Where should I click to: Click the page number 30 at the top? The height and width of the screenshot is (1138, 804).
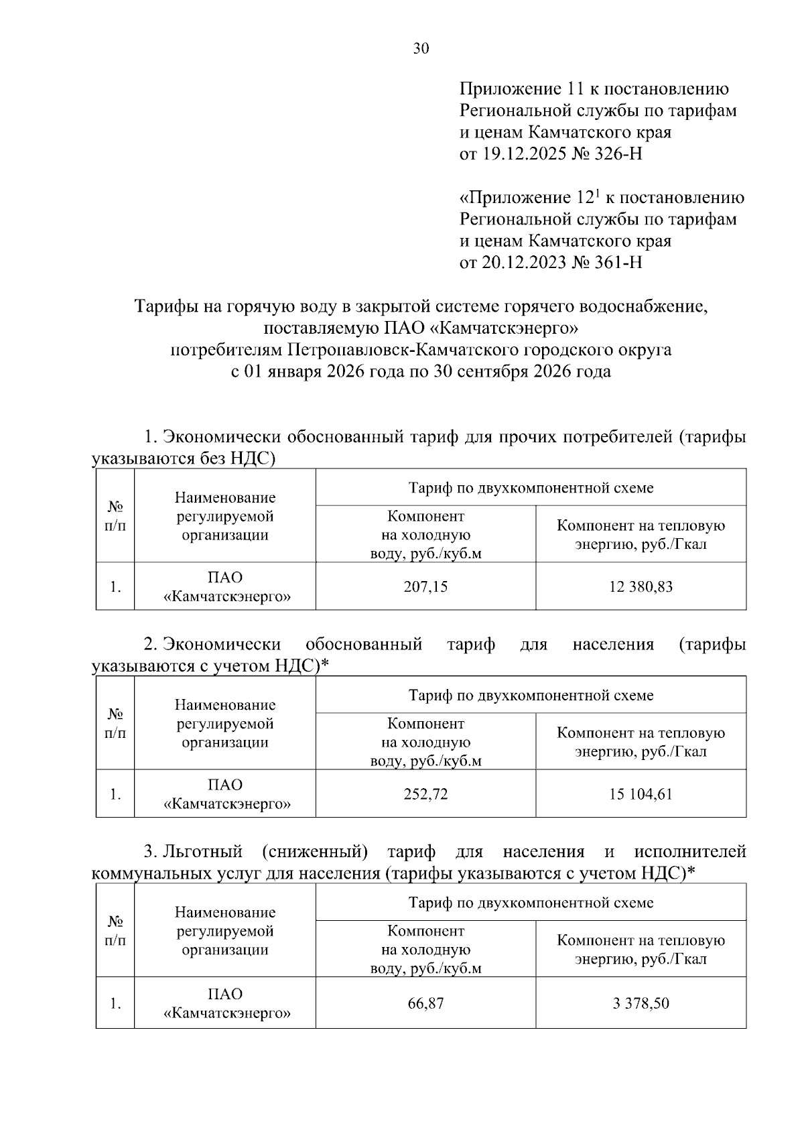(x=421, y=48)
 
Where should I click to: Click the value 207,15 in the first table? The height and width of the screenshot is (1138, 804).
(x=425, y=586)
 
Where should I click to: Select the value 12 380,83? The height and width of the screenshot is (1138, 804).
(x=641, y=586)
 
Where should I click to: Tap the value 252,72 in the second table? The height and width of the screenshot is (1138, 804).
(x=425, y=794)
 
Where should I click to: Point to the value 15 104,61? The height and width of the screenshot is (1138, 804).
(x=641, y=794)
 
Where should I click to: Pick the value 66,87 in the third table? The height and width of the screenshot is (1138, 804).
(x=425, y=1003)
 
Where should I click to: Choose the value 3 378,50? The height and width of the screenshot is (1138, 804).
(x=641, y=1003)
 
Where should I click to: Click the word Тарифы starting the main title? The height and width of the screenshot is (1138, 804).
(x=164, y=307)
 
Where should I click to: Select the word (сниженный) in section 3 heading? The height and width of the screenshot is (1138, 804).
(x=315, y=851)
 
